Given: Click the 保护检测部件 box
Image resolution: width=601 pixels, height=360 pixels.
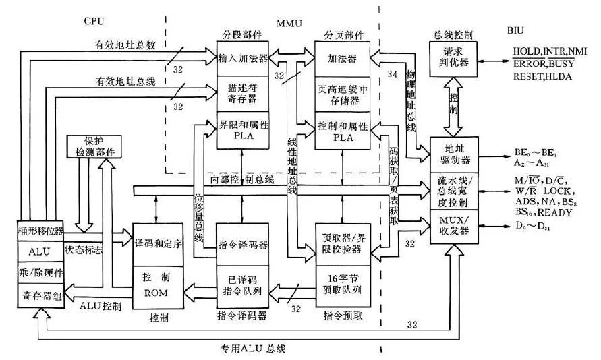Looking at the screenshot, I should [93, 148].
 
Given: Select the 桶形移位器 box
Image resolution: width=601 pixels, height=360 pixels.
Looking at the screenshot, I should [40, 230].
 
